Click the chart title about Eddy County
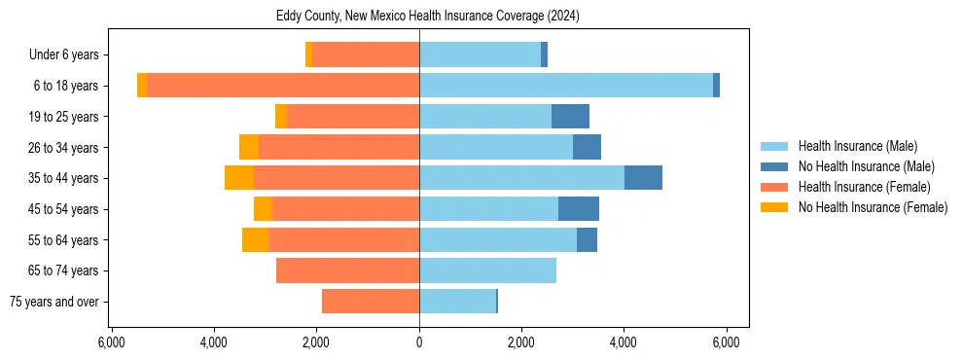[x=419, y=16]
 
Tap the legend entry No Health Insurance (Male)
[x=866, y=166]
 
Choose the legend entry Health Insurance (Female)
[x=864, y=187]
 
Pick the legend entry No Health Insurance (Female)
[x=873, y=207]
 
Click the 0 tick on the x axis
[x=419, y=342]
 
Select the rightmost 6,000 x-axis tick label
[x=726, y=342]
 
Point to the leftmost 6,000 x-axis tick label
[x=112, y=342]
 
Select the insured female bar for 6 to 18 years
[x=283, y=86]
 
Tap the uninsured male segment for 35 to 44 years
[x=643, y=178]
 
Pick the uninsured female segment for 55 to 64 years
[x=255, y=239]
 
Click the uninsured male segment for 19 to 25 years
[x=570, y=117]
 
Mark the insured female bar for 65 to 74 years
[x=347, y=270]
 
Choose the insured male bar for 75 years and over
[x=457, y=302]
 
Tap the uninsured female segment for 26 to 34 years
[x=249, y=147]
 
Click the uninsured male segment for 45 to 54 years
[x=579, y=209]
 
